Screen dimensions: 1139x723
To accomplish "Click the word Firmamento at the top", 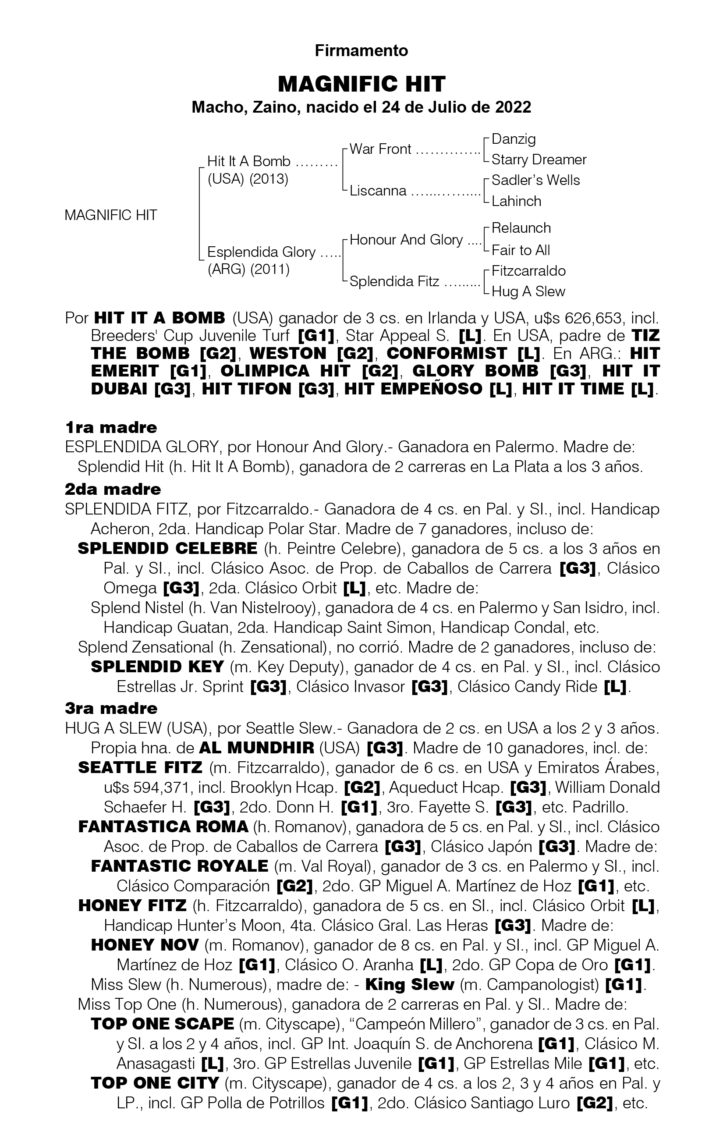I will point(361,50).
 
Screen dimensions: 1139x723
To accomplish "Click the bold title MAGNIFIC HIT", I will point(361,84).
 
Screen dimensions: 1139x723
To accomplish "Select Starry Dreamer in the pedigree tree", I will point(539,160).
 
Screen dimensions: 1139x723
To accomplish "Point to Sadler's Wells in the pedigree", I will point(535,180).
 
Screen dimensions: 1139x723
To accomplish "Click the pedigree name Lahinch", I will point(516,201).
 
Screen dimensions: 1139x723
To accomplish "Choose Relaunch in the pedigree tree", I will point(521,228).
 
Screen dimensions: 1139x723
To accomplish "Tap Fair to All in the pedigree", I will point(521,250).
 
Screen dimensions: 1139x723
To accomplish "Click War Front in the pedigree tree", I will point(380,149).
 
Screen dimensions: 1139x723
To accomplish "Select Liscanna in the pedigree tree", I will point(378,191).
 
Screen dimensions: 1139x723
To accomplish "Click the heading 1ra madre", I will point(111,428).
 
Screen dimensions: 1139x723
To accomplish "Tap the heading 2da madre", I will point(113,489).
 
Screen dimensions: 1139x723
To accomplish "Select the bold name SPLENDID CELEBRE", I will point(167,549).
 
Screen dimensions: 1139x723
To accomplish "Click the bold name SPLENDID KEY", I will point(157,667).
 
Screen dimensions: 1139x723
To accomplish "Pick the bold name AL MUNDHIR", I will point(256,748).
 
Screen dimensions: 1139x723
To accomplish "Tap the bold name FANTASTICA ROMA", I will point(163,827).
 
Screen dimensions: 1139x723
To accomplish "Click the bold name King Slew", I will point(410,984).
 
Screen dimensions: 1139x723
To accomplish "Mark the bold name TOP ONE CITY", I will point(155,1083).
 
